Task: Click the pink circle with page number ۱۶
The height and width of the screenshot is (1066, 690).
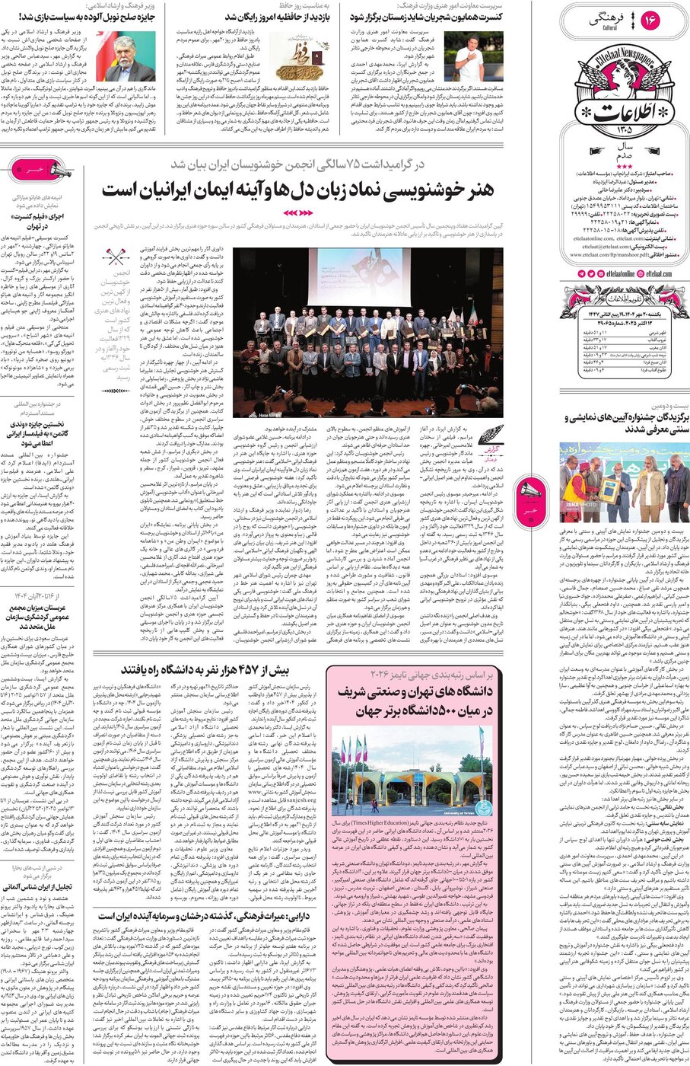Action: pyautogui.click(x=651, y=21)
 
